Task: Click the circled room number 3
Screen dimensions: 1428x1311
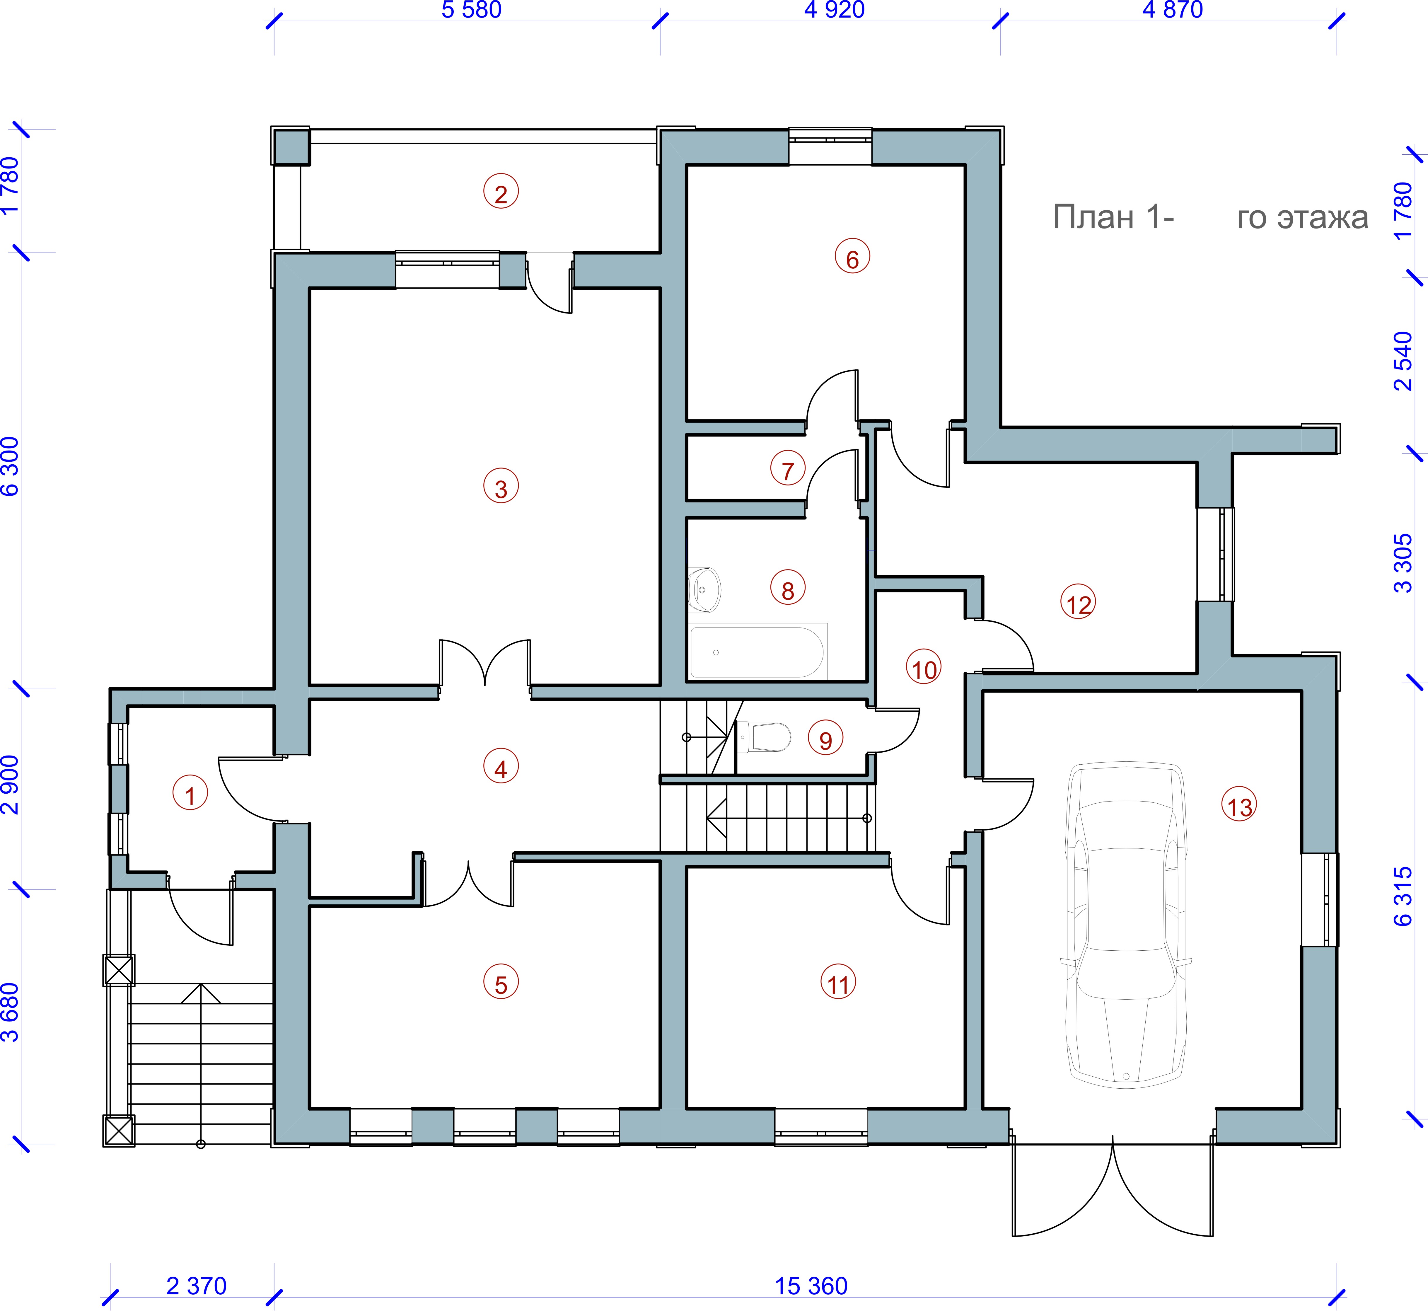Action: coord(501,487)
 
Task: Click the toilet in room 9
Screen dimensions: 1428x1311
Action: coord(764,737)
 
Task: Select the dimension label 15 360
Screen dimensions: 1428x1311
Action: coord(811,1286)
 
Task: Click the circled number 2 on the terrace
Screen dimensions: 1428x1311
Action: coord(501,192)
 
